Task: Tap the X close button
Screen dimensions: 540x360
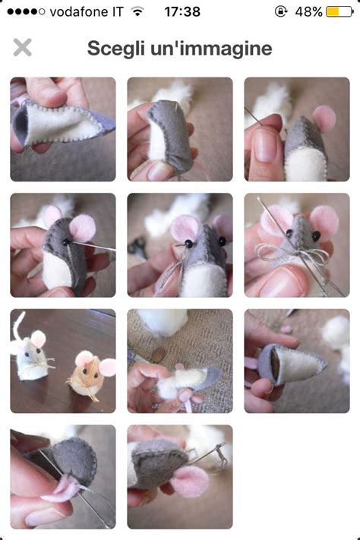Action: tap(23, 48)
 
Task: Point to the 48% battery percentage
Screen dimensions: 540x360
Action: tap(308, 11)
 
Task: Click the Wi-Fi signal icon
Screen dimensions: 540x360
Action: tap(137, 11)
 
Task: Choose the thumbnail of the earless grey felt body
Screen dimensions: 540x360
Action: tap(179, 129)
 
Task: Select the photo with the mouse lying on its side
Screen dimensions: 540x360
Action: tap(179, 361)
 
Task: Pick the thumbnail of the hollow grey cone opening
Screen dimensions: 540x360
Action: tap(296, 361)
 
